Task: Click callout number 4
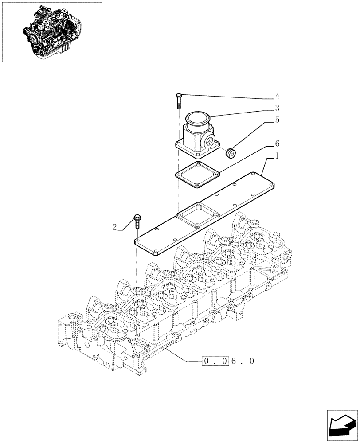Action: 277,96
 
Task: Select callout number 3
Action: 277,108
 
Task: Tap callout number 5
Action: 277,120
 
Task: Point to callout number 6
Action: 277,144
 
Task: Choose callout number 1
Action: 277,156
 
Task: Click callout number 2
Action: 115,228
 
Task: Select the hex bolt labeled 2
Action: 137,220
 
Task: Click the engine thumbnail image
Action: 52,32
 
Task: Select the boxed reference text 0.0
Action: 216,361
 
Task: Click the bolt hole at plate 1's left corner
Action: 138,240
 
